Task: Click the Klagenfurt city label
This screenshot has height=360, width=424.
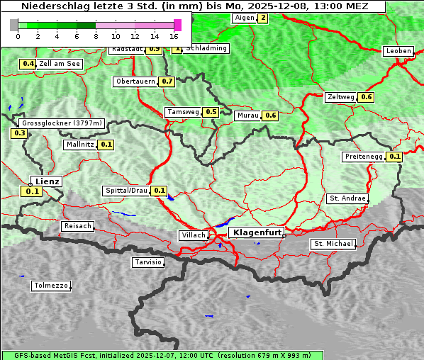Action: click(x=257, y=232)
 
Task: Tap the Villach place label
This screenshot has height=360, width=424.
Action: click(x=194, y=235)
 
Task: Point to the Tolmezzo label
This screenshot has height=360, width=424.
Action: click(x=51, y=286)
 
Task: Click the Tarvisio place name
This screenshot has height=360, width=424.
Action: click(x=148, y=263)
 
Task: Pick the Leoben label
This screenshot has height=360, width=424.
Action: click(x=398, y=51)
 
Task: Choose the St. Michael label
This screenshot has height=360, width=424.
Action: click(x=333, y=244)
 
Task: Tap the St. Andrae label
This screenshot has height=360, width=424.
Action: click(x=347, y=198)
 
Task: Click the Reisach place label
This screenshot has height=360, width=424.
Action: click(x=78, y=226)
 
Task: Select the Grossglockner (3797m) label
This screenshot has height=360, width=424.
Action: click(x=62, y=123)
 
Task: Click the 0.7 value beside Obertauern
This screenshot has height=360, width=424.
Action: click(x=167, y=81)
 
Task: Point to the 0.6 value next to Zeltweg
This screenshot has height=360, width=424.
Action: click(x=366, y=97)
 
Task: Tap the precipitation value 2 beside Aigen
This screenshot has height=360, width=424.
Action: click(x=263, y=18)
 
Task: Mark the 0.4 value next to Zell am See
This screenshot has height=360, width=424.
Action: click(x=28, y=64)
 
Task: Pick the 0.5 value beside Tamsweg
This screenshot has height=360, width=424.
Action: click(x=211, y=112)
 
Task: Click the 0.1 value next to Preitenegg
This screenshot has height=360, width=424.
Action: click(x=395, y=157)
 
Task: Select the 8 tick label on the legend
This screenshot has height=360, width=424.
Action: click(x=96, y=36)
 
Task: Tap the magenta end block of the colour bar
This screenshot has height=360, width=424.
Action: click(x=177, y=25)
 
